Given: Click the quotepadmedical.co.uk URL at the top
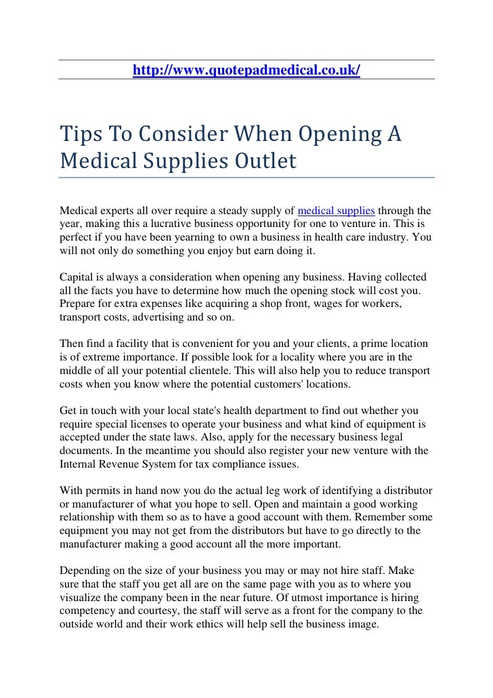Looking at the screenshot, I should coord(246,70).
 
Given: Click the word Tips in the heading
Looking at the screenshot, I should coord(79,134).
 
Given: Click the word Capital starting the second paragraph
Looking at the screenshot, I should coord(77,277).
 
